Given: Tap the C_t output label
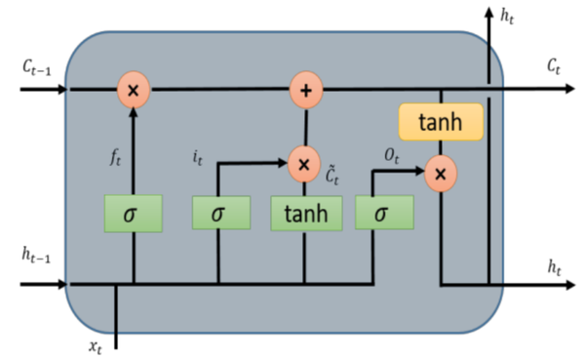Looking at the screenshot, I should tap(553, 67).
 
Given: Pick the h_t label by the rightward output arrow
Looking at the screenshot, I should tap(553, 265).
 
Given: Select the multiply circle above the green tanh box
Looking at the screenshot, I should tap(305, 164).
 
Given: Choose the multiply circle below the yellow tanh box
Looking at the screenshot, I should tap(441, 174).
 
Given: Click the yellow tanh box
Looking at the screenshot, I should tap(441, 122).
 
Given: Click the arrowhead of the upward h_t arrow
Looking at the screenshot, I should tap(488, 12).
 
